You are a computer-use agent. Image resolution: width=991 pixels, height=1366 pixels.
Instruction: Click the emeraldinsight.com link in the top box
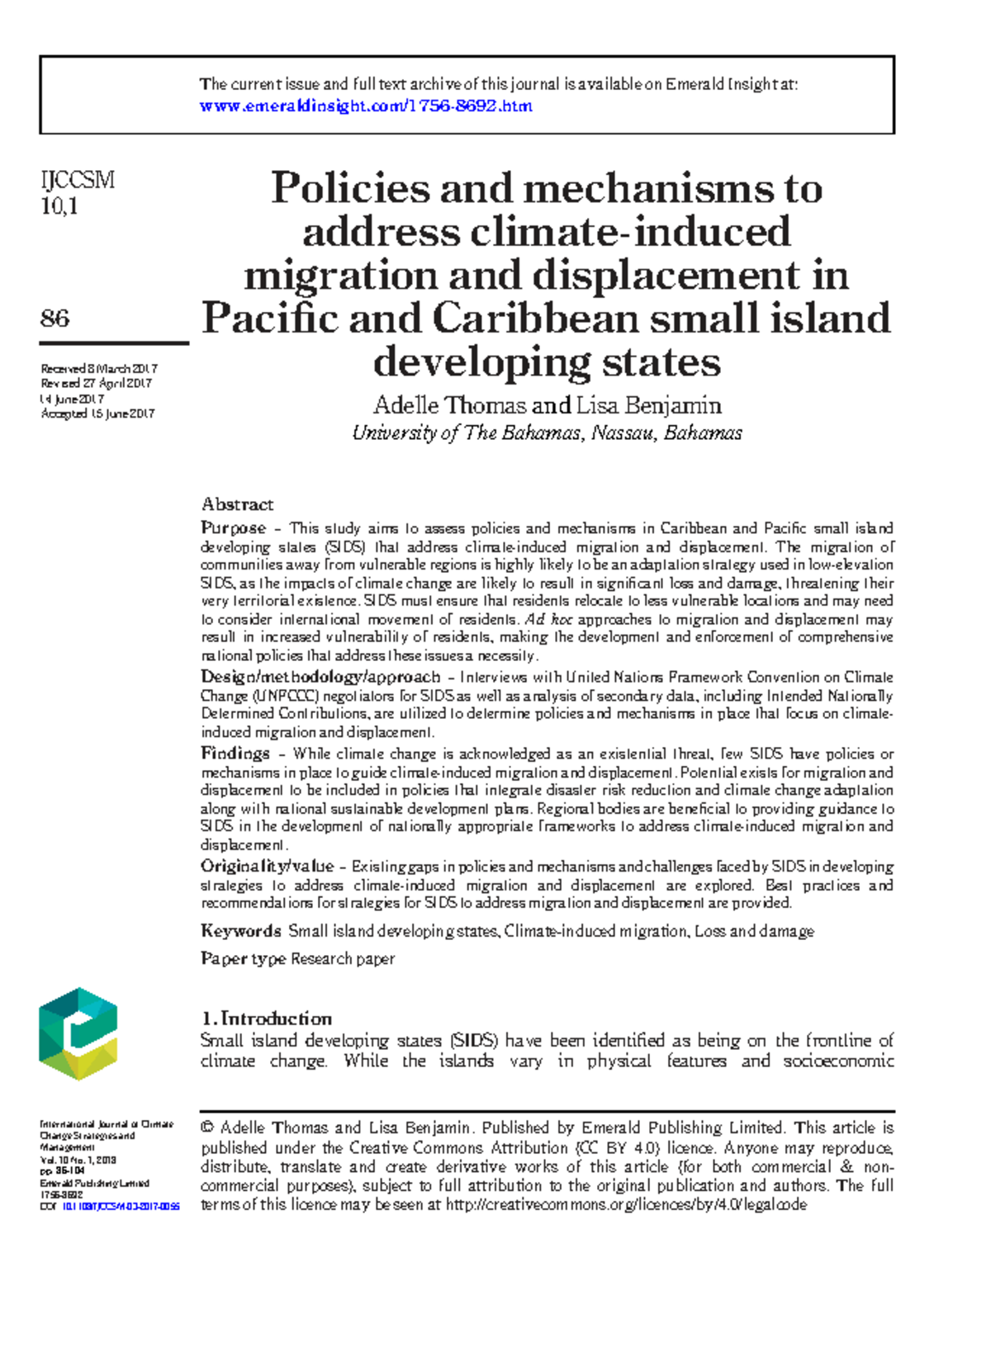[366, 106]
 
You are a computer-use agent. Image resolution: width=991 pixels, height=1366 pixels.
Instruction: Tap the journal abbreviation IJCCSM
[78, 180]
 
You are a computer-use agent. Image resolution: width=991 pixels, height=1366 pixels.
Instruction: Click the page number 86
[55, 318]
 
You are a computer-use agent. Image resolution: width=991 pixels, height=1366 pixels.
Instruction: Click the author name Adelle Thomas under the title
[449, 405]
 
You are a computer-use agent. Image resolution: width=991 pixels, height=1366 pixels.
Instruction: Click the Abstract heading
[237, 504]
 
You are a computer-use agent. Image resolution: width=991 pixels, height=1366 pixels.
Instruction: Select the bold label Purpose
[233, 528]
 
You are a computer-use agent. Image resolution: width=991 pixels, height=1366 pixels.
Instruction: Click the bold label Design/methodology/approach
[320, 677]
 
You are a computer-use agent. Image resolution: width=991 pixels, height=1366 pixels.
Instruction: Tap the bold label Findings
[235, 754]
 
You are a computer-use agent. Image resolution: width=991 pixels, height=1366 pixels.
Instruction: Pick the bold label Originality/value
[267, 867]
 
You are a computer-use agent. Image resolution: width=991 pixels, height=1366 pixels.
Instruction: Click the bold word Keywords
[241, 931]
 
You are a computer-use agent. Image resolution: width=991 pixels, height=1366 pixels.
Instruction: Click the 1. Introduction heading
[266, 1019]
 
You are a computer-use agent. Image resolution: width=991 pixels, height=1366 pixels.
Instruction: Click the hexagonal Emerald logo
[78, 1033]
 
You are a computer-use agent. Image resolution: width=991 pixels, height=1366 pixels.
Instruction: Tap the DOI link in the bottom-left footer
[121, 1206]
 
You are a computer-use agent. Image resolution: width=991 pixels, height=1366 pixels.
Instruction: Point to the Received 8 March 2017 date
[99, 369]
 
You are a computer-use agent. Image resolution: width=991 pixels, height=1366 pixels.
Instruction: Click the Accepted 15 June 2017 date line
[97, 414]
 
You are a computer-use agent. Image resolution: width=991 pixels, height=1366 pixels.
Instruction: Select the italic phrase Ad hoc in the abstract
[548, 620]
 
